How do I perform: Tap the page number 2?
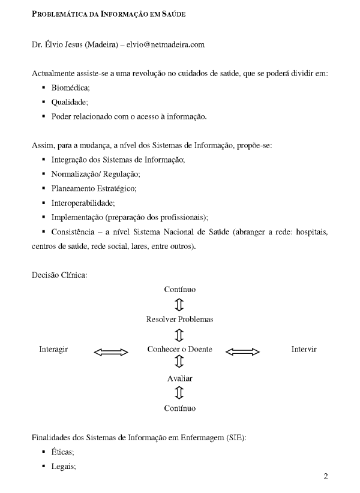tap(326, 477)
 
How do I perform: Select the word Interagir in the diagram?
tap(53, 350)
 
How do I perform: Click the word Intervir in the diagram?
tap(304, 350)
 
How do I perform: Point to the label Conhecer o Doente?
tap(179, 350)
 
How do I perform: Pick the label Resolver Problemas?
tap(179, 319)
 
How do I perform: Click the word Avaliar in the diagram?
tap(179, 378)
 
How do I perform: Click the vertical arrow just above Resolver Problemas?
tap(179, 305)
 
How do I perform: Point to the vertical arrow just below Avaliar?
tap(179, 393)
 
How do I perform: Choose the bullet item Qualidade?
tap(68, 103)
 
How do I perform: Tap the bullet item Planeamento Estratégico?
tap(94, 188)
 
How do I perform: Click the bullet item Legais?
tap(63, 467)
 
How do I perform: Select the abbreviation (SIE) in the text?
tap(236, 438)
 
